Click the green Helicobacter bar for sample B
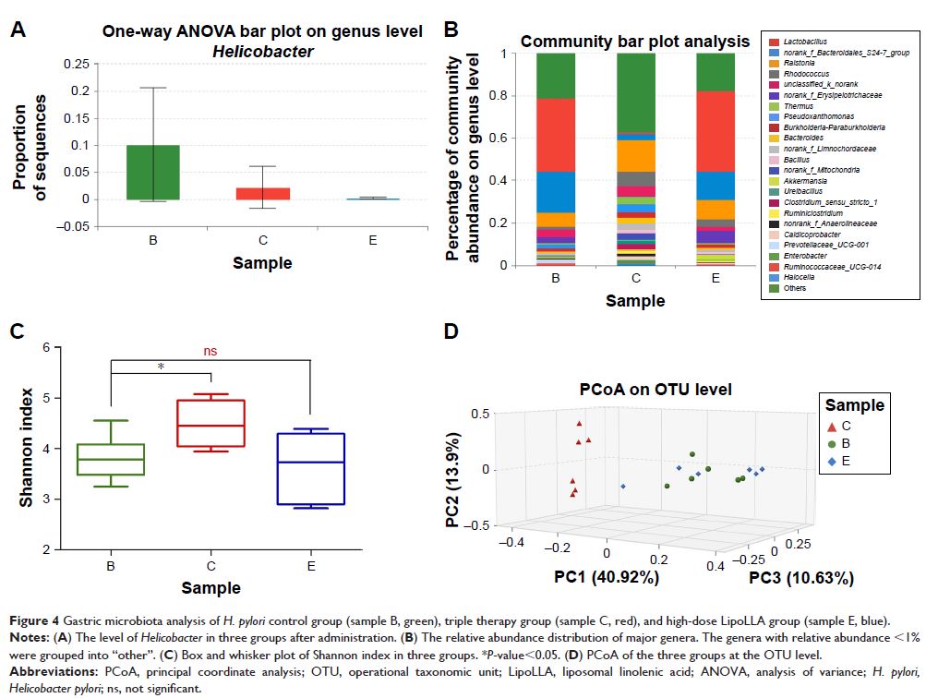[152, 172]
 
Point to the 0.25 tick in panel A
[78, 64]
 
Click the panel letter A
[18, 29]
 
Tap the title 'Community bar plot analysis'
[634, 42]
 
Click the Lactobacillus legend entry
[798, 43]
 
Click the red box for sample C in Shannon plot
[211, 423]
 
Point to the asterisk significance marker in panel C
[162, 367]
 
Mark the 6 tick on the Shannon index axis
[45, 347]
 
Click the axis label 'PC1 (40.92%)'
[606, 579]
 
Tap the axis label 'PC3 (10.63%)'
[800, 579]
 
